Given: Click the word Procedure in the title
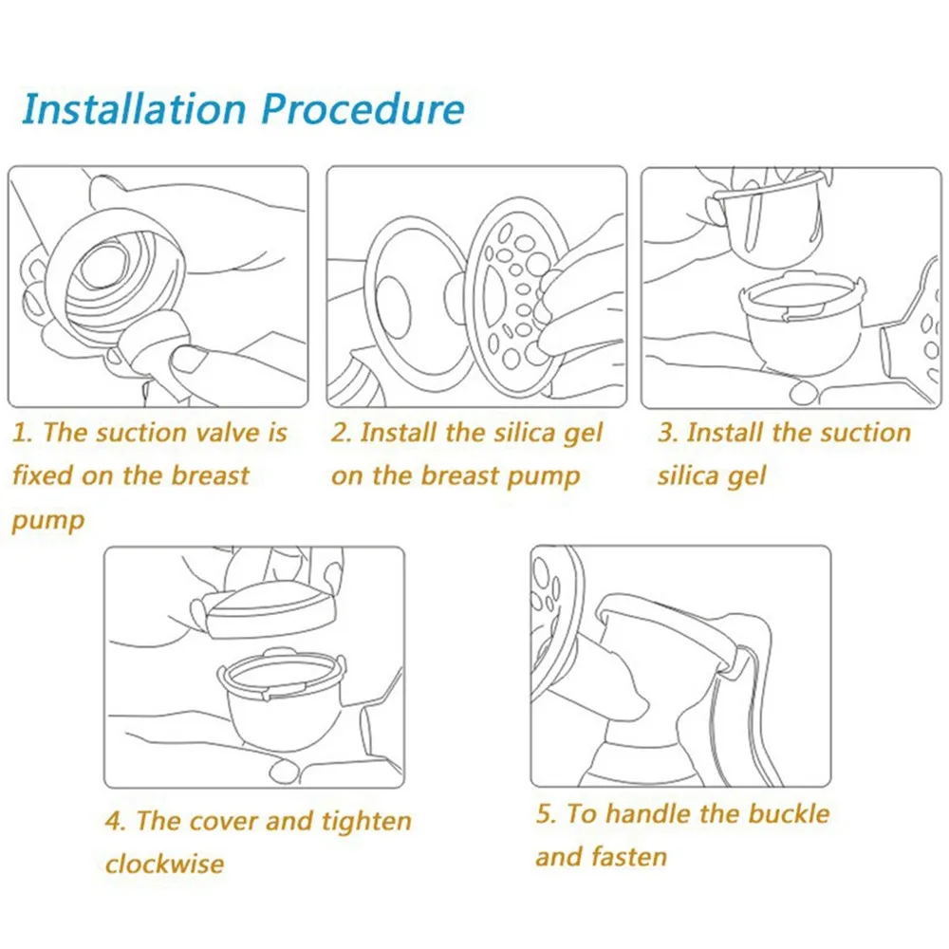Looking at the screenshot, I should pyautogui.click(x=363, y=110).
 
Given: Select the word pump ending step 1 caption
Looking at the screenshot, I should pyautogui.click(x=47, y=521).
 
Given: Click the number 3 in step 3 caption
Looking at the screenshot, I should pyautogui.click(x=667, y=434).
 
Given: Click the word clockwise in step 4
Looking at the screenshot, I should pyautogui.click(x=164, y=864).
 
